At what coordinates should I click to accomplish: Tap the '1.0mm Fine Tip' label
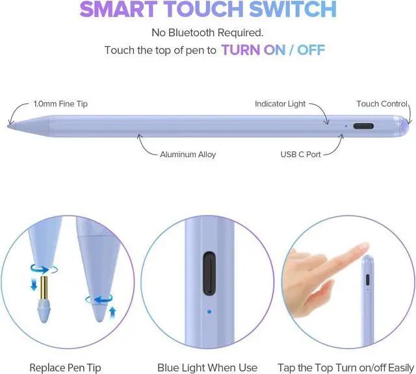click(60, 104)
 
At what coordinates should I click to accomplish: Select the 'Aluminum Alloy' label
click(188, 155)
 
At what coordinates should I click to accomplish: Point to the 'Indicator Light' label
click(280, 104)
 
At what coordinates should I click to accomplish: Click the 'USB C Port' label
click(301, 155)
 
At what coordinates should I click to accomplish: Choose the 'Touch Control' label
click(382, 104)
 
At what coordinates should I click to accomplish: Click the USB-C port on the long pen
click(364, 125)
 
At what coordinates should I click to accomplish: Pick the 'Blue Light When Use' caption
click(208, 368)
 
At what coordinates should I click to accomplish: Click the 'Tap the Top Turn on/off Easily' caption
click(346, 368)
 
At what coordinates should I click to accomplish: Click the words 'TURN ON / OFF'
click(273, 50)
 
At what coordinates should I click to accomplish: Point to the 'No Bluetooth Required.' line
click(208, 32)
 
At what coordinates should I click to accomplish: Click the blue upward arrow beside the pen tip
click(112, 312)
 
